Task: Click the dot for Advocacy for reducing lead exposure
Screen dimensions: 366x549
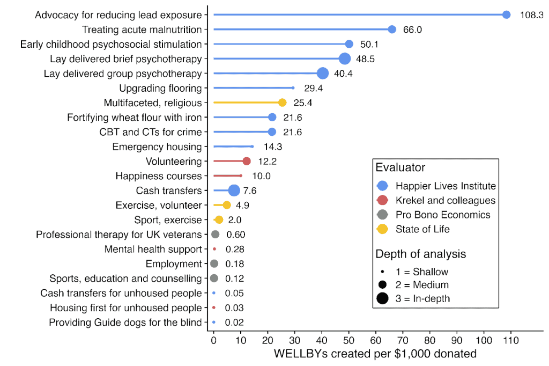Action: pos(506,15)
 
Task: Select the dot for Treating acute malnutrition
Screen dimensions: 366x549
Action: pos(392,30)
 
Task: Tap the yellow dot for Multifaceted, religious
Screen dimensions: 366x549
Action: pos(282,103)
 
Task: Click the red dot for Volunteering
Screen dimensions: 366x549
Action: pos(247,161)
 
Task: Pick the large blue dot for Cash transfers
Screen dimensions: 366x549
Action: pos(234,191)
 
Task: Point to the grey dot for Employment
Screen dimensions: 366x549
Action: pos(214,263)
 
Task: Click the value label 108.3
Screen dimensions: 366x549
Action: pos(531,15)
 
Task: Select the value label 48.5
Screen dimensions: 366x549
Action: pos(365,58)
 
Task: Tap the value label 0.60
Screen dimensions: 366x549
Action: pos(235,235)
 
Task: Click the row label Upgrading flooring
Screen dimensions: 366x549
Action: pos(160,88)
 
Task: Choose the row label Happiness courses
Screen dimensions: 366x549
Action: pos(159,176)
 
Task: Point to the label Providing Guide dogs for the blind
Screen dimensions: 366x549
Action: pos(125,323)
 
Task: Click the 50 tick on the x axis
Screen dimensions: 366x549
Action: pos(349,340)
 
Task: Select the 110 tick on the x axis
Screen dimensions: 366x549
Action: pos(511,340)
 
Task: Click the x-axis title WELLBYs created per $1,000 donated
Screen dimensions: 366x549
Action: pos(375,354)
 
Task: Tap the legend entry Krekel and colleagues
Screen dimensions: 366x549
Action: pos(445,200)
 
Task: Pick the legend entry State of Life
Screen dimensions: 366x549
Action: pos(422,229)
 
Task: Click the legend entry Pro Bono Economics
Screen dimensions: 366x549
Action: pos(443,215)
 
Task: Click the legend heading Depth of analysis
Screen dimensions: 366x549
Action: pos(420,254)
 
